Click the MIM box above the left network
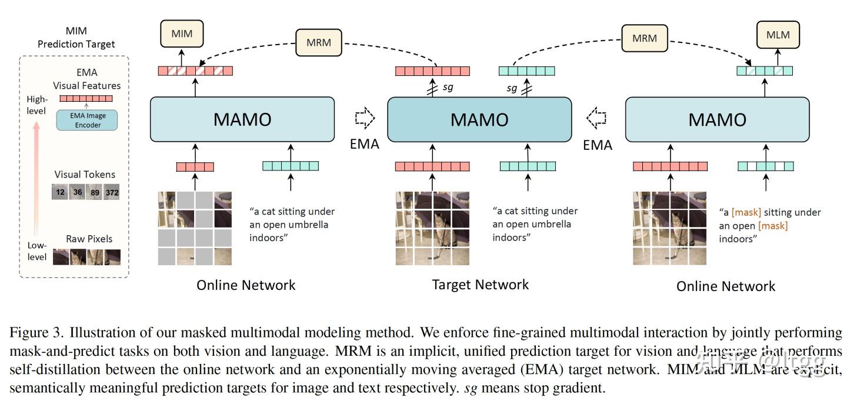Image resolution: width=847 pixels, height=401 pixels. click(181, 35)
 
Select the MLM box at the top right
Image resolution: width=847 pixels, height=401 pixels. click(778, 35)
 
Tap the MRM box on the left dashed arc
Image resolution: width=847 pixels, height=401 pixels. click(318, 42)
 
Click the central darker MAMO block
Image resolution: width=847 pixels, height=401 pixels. click(479, 119)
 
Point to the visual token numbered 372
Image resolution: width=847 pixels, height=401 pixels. click(112, 192)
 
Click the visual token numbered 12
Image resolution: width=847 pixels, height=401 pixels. click(61, 192)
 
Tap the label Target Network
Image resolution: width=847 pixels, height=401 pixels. click(480, 285)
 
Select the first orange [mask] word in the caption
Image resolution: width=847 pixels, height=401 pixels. click(746, 212)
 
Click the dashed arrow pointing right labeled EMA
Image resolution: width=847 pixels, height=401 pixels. click(364, 119)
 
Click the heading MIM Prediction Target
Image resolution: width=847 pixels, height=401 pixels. click(76, 38)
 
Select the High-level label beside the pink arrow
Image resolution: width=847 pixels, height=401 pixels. click(36, 105)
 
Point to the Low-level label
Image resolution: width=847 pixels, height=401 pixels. click(36, 251)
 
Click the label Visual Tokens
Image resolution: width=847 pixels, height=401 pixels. click(85, 174)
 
